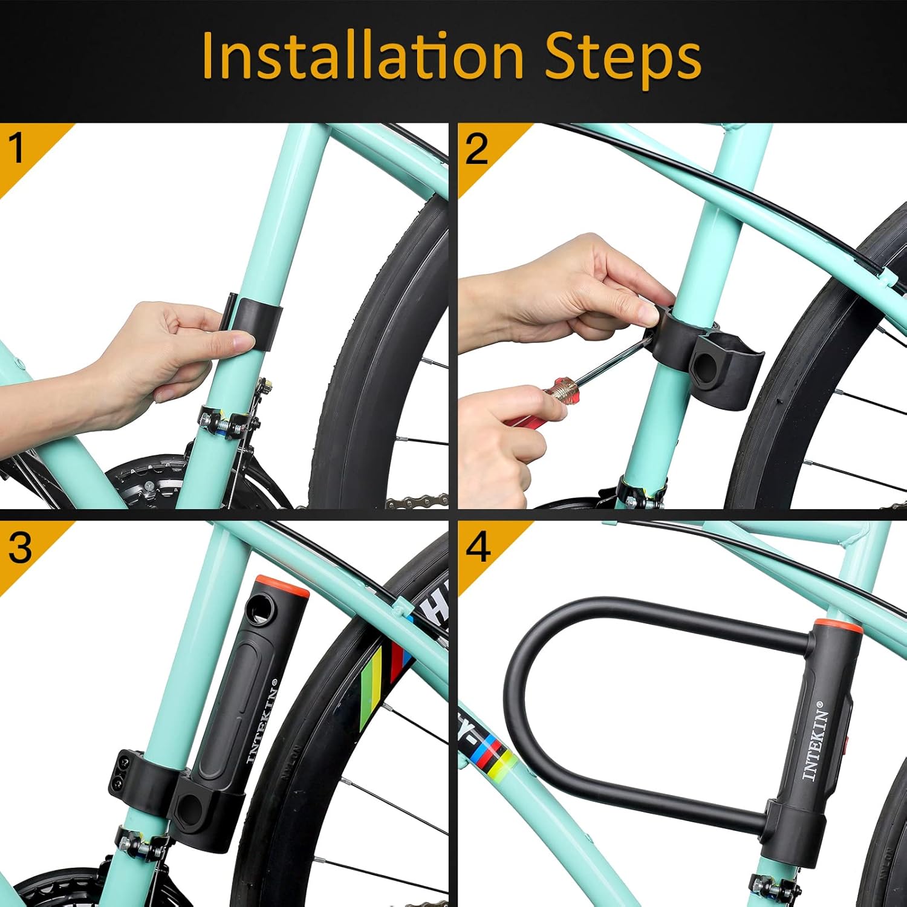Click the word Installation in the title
pos(363,56)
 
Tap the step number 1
pos(16,148)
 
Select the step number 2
pos(476,148)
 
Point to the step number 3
pos(19,547)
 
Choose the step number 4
pos(478,547)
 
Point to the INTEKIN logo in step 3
pos(262,720)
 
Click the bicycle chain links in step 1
pos(417,501)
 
